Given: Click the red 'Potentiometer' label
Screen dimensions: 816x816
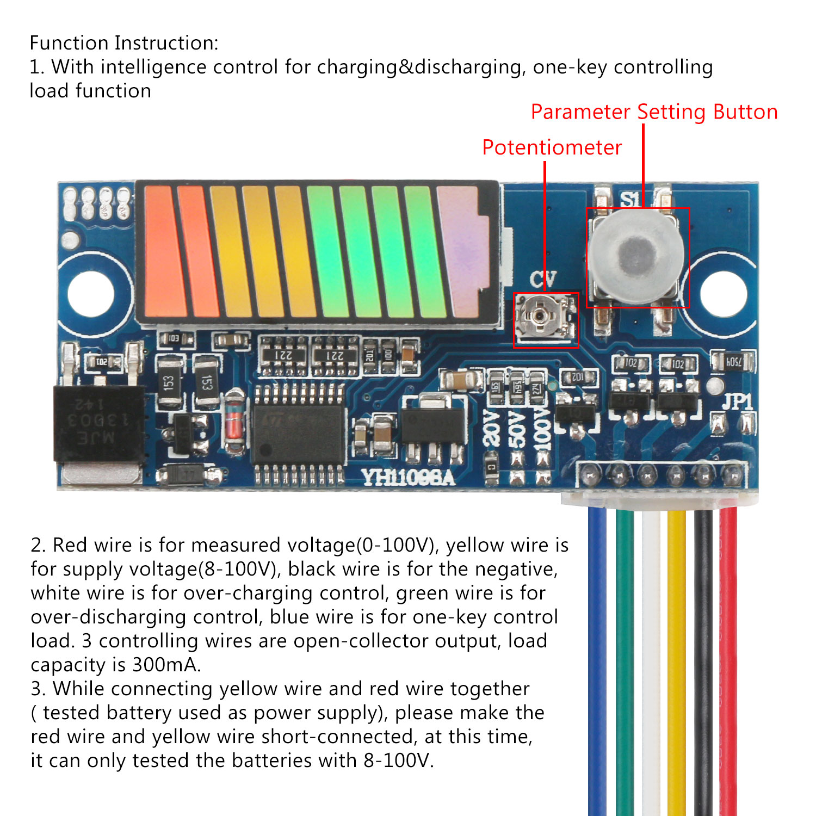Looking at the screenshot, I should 552,148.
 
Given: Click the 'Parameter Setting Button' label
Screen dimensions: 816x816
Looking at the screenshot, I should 654,112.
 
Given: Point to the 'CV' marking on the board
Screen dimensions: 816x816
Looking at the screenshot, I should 542,280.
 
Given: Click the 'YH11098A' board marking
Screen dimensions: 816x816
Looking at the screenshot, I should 408,478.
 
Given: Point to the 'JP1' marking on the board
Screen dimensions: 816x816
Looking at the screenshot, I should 737,402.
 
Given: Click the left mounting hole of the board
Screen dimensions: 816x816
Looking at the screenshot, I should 91,293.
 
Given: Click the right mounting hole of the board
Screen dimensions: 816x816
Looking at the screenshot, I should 723,293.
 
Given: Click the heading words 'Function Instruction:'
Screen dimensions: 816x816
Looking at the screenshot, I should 124,43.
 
